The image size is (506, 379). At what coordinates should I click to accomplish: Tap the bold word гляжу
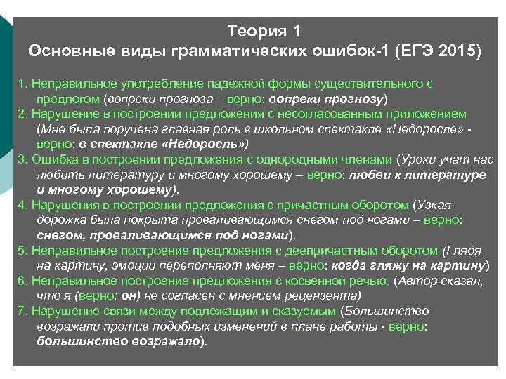coord(386,265)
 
